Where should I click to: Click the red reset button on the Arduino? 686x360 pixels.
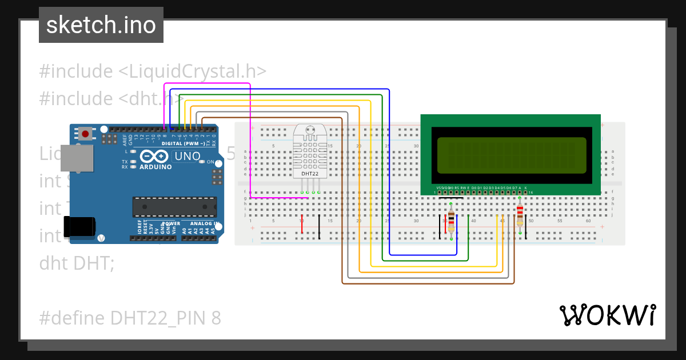pyautogui.click(x=85, y=134)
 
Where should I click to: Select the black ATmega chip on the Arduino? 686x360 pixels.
pyautogui.click(x=174, y=206)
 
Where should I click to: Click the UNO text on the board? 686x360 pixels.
pyautogui.click(x=187, y=156)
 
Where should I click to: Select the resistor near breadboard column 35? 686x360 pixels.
pyautogui.click(x=452, y=220)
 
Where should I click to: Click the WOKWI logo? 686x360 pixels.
pyautogui.click(x=607, y=315)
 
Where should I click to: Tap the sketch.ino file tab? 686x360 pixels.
pyautogui.click(x=101, y=25)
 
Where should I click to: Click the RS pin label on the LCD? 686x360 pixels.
pyautogui.click(x=456, y=187)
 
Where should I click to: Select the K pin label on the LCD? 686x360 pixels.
pyautogui.click(x=525, y=187)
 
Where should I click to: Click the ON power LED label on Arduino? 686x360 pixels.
pyautogui.click(x=210, y=162)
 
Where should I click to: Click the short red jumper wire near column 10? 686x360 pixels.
pyautogui.click(x=302, y=225)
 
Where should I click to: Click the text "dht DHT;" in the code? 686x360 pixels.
pyautogui.click(x=77, y=263)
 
